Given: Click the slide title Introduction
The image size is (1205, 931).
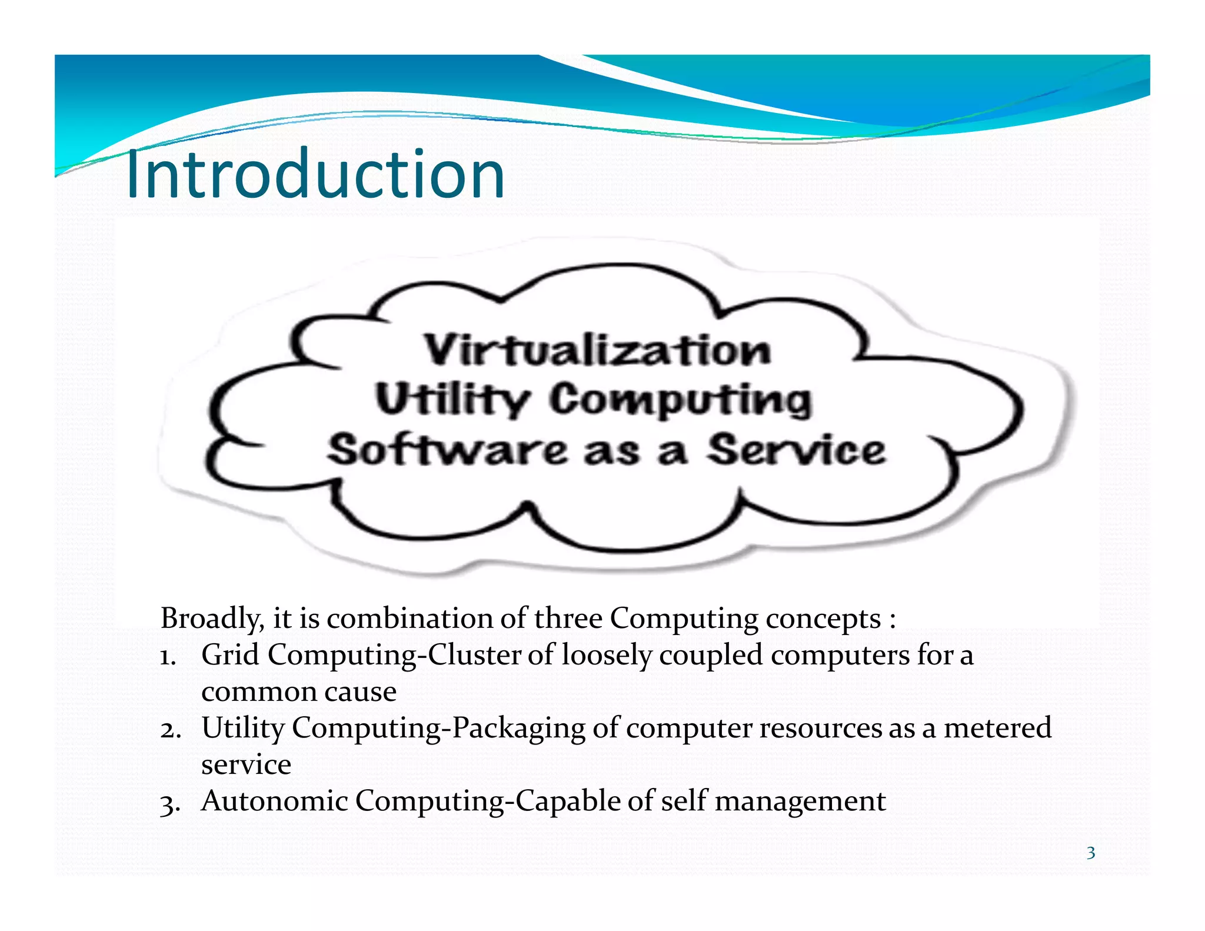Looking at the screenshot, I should (315, 174).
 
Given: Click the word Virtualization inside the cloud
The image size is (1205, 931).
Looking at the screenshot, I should (597, 350).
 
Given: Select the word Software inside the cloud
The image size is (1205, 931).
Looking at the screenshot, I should (447, 451).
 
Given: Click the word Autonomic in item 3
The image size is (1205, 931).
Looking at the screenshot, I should (274, 801).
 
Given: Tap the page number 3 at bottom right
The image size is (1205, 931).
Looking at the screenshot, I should (1090, 853).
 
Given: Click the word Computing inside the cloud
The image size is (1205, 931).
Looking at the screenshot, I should (681, 401).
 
